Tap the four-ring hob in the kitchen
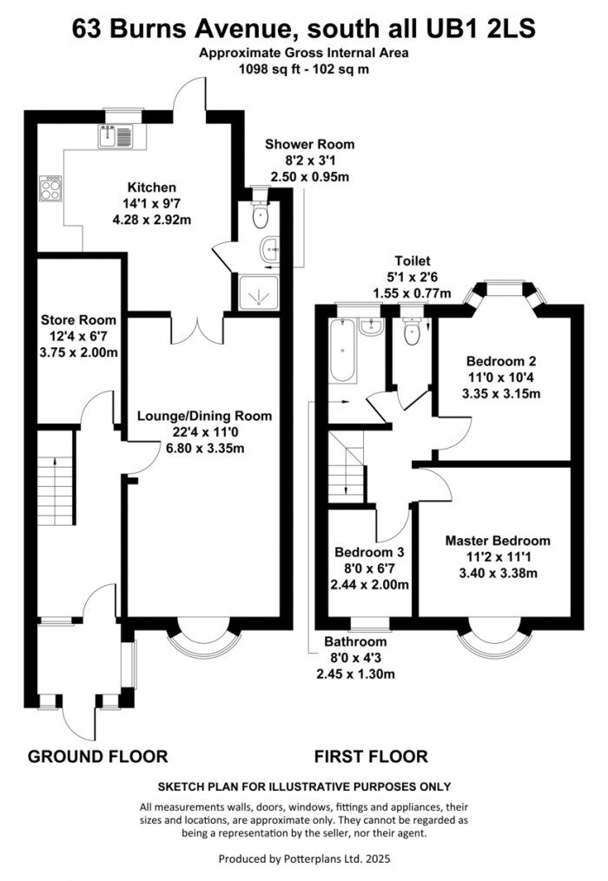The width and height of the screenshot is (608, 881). [50, 188]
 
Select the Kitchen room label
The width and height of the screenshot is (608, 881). [152, 187]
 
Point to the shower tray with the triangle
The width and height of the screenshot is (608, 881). [258, 295]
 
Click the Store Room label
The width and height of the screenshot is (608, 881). [78, 320]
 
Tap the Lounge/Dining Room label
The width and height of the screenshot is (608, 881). [204, 416]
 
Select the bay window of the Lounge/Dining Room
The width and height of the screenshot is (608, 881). [204, 640]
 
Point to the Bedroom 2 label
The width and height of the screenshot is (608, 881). [503, 361]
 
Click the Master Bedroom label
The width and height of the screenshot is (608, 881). [498, 541]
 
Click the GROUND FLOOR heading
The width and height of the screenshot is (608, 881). [98, 756]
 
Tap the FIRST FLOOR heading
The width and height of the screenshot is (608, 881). [371, 756]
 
